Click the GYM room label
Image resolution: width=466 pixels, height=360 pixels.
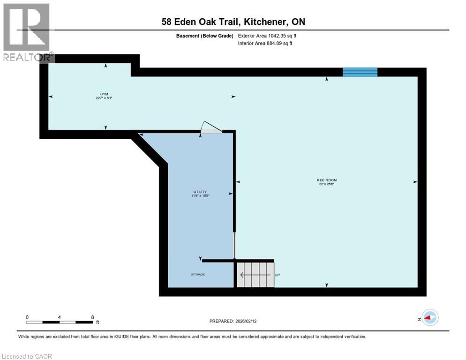pos(98,94)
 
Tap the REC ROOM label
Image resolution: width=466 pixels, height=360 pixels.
pos(326,180)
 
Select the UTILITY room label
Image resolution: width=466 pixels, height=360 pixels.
pos(200,192)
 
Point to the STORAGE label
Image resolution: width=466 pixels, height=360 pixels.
pos(198,274)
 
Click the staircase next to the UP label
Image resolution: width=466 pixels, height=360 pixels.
pos(255,274)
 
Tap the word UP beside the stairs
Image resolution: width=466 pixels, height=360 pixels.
pos(277,275)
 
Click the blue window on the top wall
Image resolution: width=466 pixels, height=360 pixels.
pos(360,72)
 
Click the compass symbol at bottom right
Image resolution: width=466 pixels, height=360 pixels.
pos(429,317)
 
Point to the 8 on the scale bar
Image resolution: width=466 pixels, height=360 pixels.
pos(92,317)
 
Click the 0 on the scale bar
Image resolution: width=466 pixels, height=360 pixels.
pos(27,317)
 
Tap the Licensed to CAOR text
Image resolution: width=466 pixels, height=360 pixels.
pos(26,356)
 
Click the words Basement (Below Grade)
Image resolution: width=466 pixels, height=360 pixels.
pos(205,36)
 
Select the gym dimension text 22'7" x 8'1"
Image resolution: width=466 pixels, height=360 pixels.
pos(103,98)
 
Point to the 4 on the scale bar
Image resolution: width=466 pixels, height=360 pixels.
pos(60,317)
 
